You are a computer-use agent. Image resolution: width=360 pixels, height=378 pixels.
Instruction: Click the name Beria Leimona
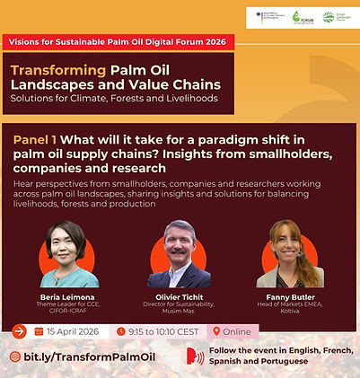pos(68,295)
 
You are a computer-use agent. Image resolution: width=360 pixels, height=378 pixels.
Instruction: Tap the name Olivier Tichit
pos(179,295)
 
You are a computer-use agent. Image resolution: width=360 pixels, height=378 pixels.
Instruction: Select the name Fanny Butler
pos(290,295)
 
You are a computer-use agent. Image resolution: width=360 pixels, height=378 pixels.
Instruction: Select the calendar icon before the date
pos(39,330)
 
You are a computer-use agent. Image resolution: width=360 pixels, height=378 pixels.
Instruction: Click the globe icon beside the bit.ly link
pos(14,356)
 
